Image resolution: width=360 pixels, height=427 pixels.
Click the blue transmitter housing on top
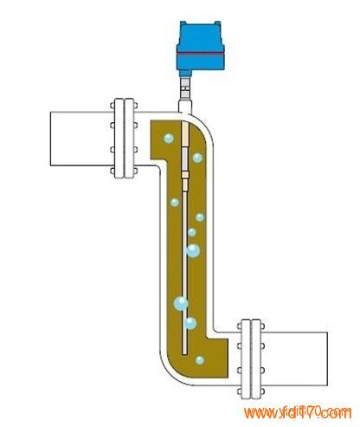(200, 46)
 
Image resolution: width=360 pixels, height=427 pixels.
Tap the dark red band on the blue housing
(200, 55)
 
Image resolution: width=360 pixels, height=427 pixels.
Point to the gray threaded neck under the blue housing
(185, 88)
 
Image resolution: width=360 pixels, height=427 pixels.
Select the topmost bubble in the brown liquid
(169, 139)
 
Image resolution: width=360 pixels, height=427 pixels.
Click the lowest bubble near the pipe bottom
(200, 360)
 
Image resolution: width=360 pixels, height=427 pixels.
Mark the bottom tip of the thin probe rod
(184, 354)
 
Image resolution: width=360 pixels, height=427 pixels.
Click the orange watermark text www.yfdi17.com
(298, 412)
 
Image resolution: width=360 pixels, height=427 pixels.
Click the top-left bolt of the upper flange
(112, 106)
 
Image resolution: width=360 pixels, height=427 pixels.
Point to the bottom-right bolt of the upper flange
(135, 171)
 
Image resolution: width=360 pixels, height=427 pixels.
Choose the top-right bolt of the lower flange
(262, 327)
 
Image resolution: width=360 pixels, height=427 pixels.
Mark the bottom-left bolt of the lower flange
(239, 391)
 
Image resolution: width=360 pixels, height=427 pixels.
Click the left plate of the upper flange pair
(119, 139)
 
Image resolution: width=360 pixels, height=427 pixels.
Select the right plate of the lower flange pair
(256, 359)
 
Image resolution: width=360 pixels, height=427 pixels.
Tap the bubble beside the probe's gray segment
(197, 158)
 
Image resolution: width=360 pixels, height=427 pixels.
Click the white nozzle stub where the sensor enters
(185, 107)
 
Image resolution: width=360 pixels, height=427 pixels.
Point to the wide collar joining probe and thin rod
(184, 175)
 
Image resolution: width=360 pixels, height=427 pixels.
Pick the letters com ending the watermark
(337, 412)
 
